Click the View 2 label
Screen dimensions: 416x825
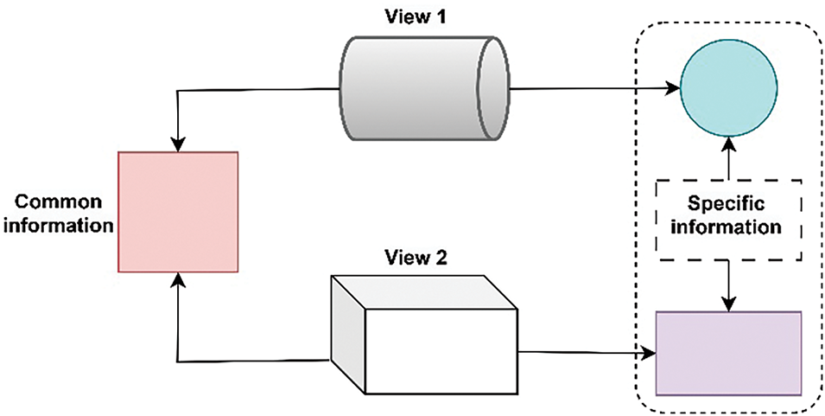click(x=417, y=257)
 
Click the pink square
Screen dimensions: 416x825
click(x=178, y=211)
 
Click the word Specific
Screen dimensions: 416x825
click(x=731, y=206)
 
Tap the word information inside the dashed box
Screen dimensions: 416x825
click(x=731, y=229)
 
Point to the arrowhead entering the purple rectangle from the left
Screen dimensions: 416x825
click(x=650, y=353)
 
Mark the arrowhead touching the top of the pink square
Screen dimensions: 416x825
click(x=177, y=144)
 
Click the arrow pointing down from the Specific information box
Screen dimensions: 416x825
click(x=730, y=299)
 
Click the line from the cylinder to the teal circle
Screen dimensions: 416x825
click(x=587, y=87)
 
